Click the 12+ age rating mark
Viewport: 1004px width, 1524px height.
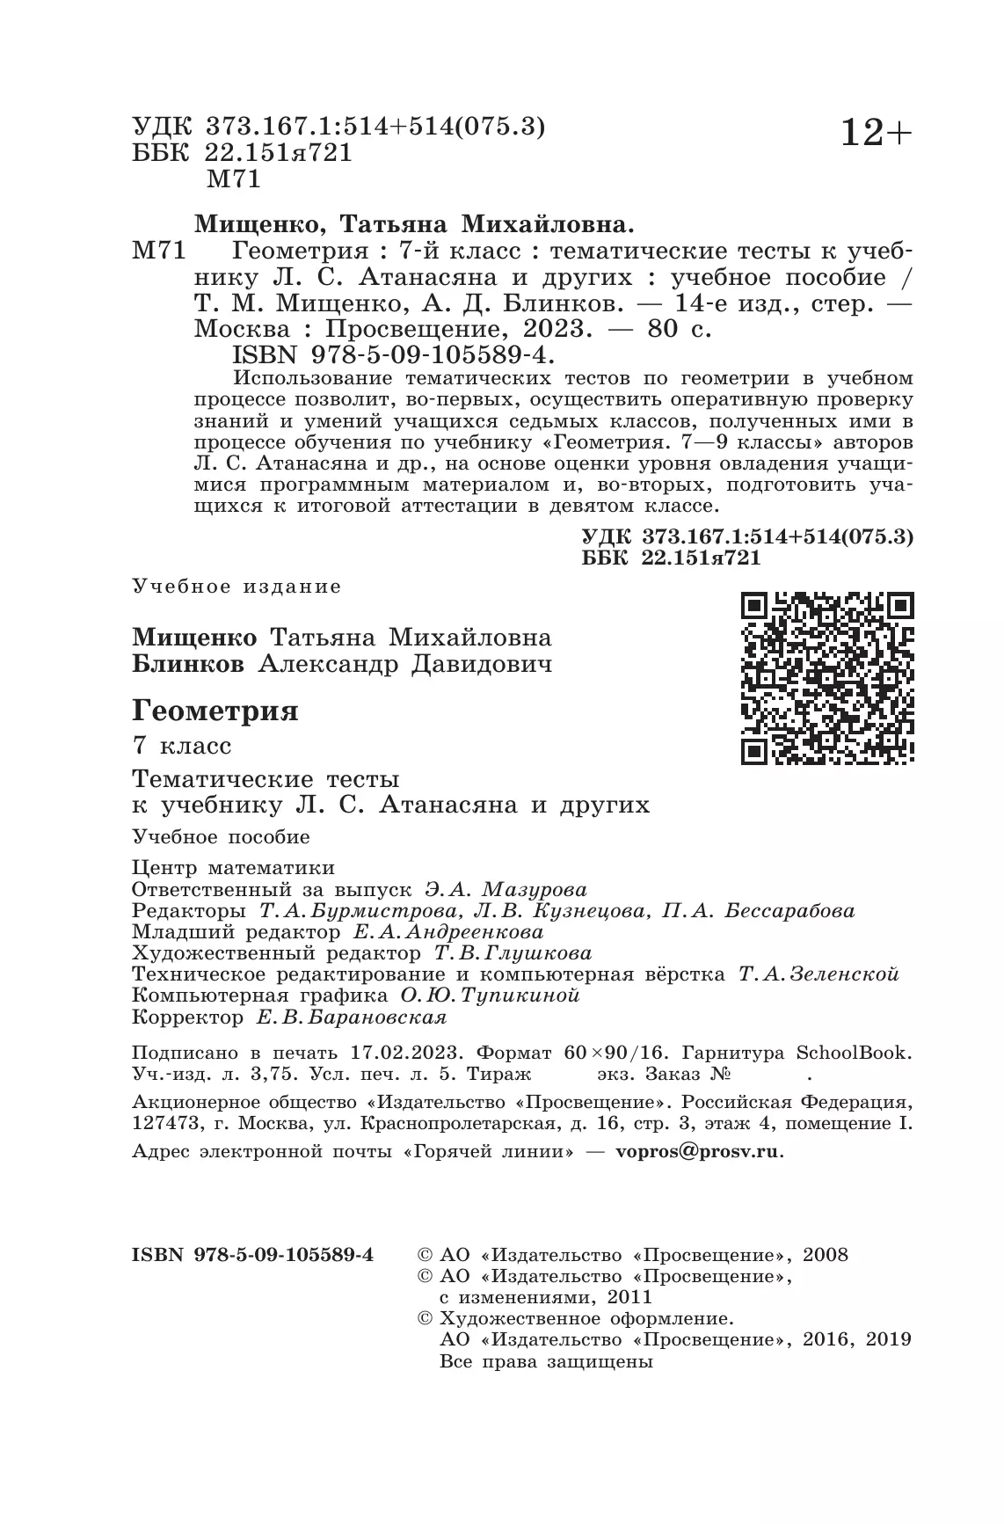[x=877, y=134]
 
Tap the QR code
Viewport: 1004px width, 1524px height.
[x=827, y=677]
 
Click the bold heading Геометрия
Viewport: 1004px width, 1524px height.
[x=215, y=711]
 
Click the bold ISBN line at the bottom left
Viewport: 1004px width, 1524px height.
[x=252, y=1255]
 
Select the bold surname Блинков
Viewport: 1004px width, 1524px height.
[x=188, y=664]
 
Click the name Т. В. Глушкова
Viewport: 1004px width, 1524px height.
[x=513, y=953]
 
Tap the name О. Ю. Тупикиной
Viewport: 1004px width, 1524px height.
[x=490, y=995]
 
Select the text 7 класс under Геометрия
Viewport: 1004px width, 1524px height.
[x=181, y=747]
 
